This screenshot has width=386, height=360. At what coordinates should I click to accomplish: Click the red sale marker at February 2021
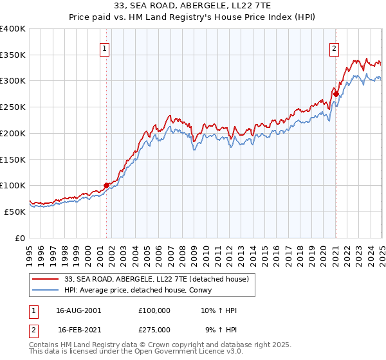(336, 94)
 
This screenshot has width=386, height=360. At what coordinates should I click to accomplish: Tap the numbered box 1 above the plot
(104, 47)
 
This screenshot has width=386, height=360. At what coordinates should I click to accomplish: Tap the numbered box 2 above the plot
(335, 47)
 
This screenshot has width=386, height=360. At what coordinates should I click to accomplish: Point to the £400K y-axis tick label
(13, 29)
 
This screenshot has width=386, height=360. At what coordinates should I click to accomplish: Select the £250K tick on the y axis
(13, 107)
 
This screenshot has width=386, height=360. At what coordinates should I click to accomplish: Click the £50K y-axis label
(15, 212)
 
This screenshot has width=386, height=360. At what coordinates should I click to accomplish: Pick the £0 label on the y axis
(21, 238)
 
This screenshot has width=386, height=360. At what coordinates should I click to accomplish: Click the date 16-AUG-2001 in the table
(78, 310)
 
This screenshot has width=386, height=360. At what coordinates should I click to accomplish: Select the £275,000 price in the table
(154, 329)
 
